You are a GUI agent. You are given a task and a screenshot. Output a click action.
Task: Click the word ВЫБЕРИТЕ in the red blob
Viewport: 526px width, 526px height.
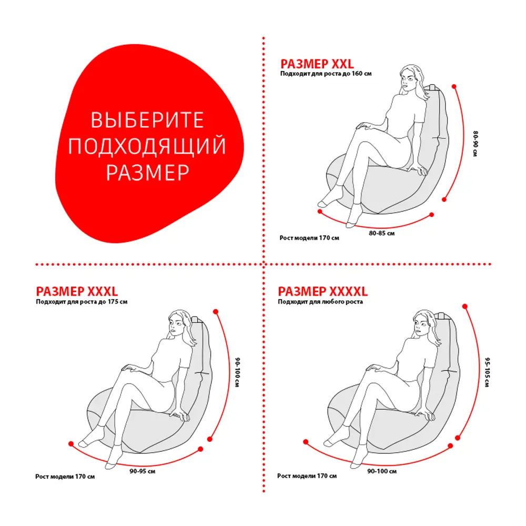(147, 120)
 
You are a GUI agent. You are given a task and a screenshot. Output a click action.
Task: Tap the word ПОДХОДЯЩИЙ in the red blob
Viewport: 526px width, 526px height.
(147, 146)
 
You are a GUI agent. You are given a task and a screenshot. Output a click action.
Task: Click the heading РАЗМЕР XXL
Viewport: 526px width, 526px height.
(317, 64)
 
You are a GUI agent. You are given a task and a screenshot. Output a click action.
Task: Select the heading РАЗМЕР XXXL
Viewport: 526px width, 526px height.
(77, 291)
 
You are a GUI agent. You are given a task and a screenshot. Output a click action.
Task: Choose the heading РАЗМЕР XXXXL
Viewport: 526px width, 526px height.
(323, 291)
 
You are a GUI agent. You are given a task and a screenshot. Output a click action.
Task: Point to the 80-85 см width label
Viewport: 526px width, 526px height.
(382, 233)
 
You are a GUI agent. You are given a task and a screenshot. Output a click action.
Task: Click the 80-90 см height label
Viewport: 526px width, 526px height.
(476, 144)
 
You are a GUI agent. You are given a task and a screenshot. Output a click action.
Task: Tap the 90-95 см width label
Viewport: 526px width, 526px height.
(143, 471)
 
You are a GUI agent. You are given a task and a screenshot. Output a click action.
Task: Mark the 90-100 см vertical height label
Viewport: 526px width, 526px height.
(238, 372)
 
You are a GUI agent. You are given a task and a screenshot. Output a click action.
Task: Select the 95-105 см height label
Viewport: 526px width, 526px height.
(487, 372)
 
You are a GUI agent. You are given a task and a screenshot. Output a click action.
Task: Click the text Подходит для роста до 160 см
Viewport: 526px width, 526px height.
(326, 74)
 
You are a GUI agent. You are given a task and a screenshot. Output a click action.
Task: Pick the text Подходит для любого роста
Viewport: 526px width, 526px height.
(320, 301)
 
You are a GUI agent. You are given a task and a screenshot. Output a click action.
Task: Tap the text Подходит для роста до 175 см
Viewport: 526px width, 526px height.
(82, 301)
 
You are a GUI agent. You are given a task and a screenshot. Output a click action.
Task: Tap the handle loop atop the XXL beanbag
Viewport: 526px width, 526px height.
(432, 87)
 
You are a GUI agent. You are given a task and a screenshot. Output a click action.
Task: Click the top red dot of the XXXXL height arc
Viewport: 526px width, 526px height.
(465, 306)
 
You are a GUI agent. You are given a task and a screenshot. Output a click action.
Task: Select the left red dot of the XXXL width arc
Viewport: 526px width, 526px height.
(71, 444)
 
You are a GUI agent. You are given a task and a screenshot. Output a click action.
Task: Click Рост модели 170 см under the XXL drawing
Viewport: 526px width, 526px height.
(309, 238)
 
